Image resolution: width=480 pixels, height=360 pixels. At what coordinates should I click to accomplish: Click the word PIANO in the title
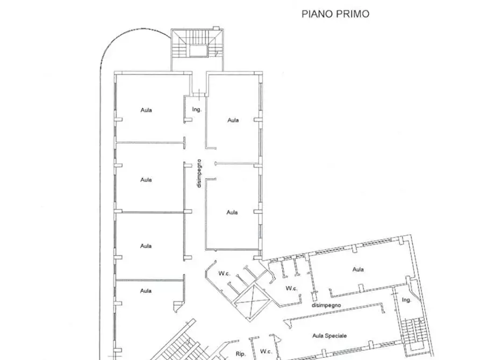(315, 14)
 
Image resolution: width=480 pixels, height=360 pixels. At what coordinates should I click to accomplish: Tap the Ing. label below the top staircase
(197, 110)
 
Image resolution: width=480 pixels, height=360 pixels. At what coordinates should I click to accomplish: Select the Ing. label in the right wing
(406, 300)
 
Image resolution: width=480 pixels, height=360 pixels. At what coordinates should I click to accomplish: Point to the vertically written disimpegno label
(198, 173)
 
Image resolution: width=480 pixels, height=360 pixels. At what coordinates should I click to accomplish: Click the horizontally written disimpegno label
(326, 305)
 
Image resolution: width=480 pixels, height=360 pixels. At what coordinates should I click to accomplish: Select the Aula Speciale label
(328, 336)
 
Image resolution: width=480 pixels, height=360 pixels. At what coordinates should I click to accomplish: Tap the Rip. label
(241, 354)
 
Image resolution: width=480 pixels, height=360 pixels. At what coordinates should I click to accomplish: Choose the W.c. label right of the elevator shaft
(291, 289)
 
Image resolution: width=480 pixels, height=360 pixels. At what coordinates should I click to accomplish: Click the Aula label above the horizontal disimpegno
(358, 269)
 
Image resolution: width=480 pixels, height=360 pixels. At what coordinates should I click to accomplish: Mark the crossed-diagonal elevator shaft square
(250, 300)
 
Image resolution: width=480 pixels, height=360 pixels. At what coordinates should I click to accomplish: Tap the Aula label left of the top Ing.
(146, 110)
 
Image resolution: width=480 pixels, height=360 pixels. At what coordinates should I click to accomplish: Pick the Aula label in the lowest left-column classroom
(146, 291)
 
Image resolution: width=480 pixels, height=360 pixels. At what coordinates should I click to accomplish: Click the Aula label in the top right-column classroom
(233, 120)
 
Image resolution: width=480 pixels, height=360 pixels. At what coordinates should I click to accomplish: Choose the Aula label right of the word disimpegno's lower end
(232, 212)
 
